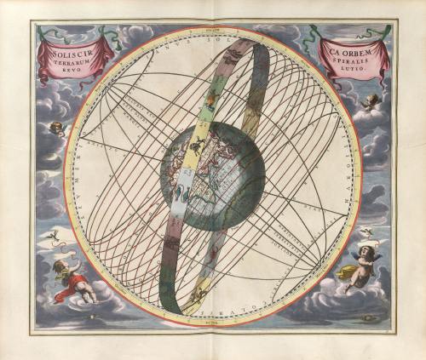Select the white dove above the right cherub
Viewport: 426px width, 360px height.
point(366,231)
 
